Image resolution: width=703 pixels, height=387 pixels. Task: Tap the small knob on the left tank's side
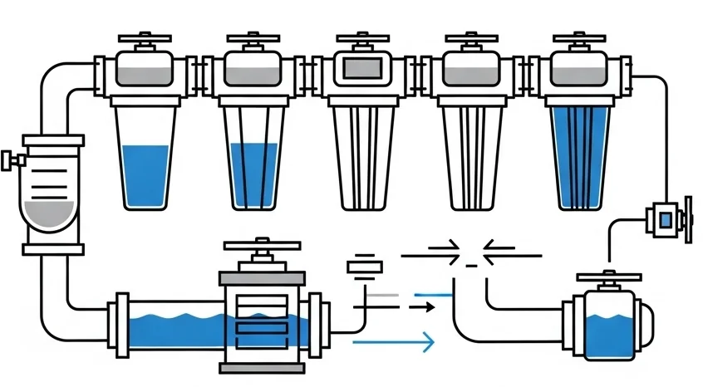[x=8, y=159]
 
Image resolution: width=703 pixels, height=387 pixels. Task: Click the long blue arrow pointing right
[x=394, y=340]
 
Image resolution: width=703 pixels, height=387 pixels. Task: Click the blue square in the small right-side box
[x=665, y=219]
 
